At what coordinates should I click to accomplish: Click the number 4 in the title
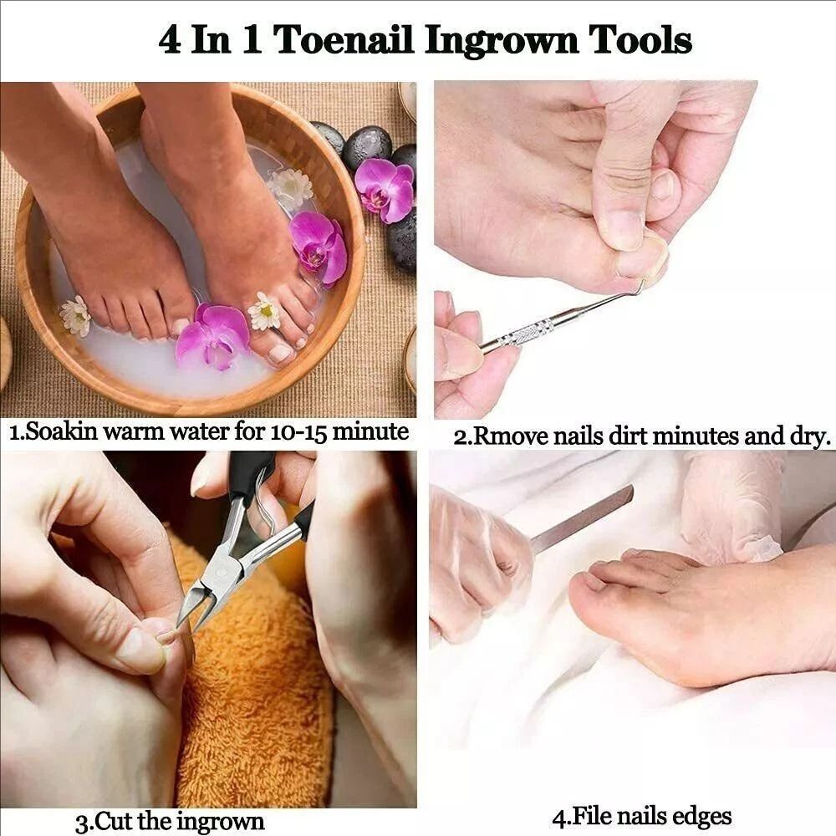170,40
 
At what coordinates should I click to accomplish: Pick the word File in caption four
590,816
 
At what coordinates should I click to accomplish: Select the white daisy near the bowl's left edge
75,315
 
